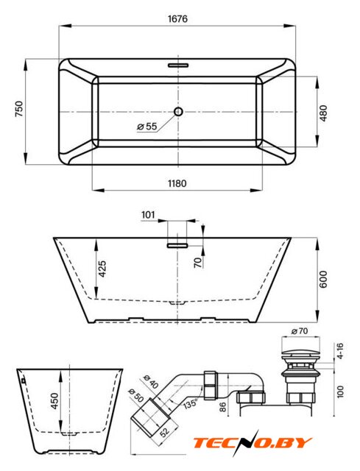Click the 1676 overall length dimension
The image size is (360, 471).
tap(177, 19)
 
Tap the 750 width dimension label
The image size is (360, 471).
tap(18, 109)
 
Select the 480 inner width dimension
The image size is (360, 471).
tap(323, 113)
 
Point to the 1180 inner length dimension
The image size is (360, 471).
tap(177, 183)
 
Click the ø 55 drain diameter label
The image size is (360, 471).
tap(147, 127)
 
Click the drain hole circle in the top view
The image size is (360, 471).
tap(178, 111)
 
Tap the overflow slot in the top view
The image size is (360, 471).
tap(178, 65)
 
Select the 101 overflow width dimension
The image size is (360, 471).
tap(148, 215)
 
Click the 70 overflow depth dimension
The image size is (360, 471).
tap(198, 263)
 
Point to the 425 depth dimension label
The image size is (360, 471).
tap(102, 269)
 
